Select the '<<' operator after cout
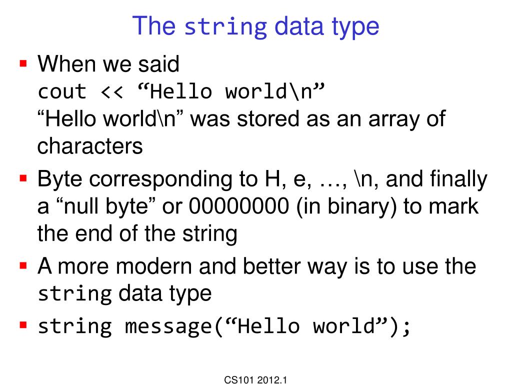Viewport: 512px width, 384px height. pyautogui.click(x=111, y=92)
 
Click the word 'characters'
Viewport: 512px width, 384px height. pyautogui.click(x=90, y=146)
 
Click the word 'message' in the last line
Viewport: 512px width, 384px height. pyautogui.click(x=168, y=326)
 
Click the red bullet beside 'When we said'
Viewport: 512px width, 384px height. pyautogui.click(x=22, y=64)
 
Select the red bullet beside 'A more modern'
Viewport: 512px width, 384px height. pyautogui.click(x=22, y=266)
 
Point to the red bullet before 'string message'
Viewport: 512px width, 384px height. pyautogui.click(x=22, y=326)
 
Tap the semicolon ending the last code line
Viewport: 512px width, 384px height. pyautogui.click(x=406, y=327)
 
